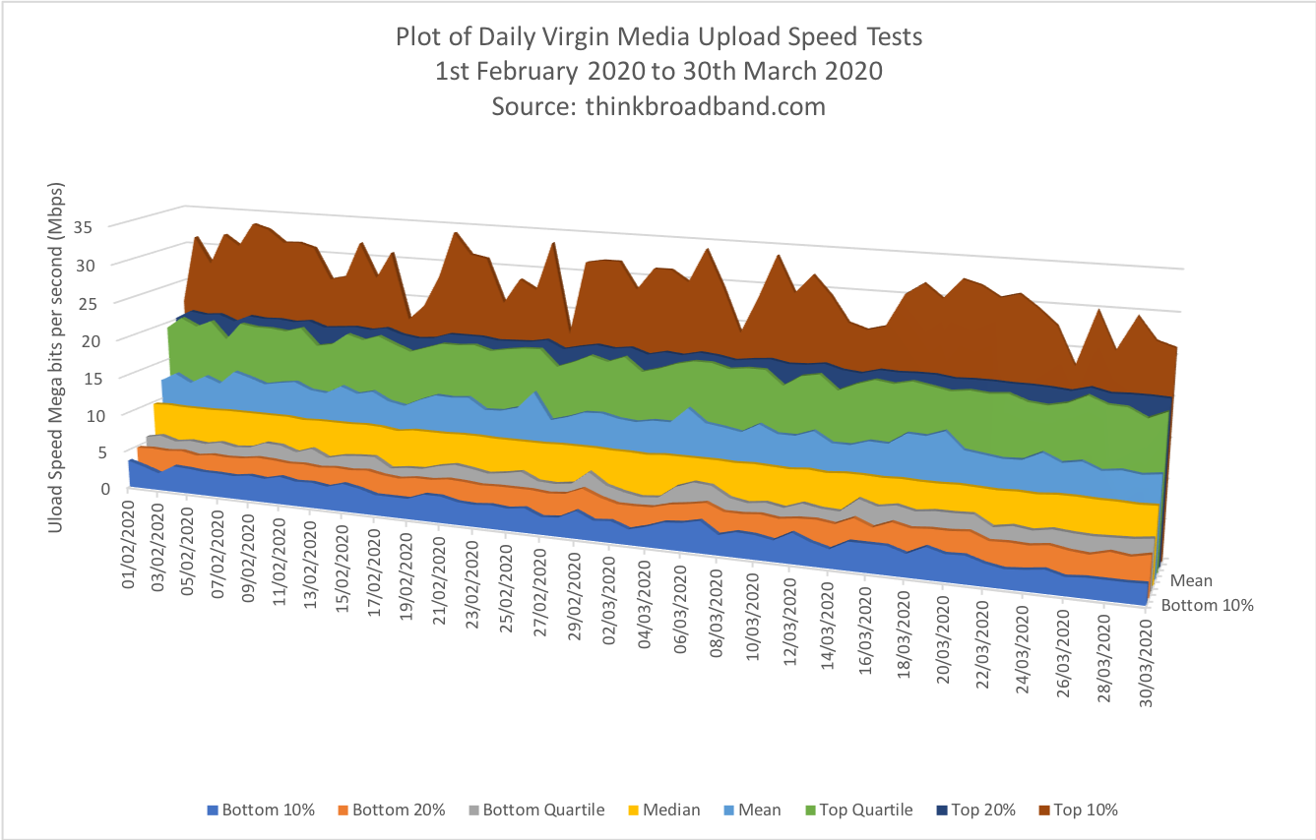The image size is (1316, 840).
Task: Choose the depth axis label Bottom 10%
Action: [x=1207, y=605]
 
